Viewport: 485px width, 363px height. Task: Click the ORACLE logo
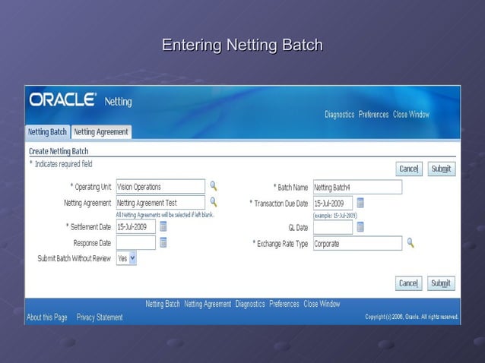62,100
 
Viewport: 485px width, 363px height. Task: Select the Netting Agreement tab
101,131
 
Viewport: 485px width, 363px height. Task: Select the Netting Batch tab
48,131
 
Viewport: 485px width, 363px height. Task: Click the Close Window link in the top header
411,115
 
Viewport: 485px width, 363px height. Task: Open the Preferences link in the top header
373,115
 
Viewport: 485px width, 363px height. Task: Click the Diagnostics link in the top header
339,115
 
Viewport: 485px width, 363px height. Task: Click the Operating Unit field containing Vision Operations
160,187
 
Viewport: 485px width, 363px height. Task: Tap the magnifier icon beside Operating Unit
214,186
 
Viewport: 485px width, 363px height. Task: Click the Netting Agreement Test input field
160,203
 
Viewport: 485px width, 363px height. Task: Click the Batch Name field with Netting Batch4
357,187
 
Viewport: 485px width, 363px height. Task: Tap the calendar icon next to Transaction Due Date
360,203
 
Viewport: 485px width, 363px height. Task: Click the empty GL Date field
333,227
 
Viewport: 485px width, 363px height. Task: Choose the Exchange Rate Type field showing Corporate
357,244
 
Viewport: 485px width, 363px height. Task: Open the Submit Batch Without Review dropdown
126,258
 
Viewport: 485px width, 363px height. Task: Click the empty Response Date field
136,243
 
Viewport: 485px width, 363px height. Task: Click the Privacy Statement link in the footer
100,317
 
